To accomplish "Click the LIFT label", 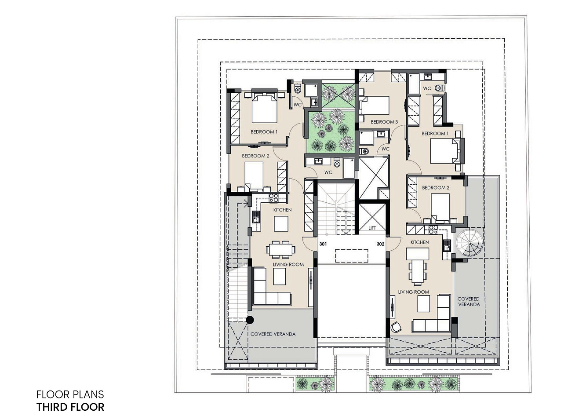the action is coord(372,228).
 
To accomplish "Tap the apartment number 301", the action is coord(323,244).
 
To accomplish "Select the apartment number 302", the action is coord(380,244).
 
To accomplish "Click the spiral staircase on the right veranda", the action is coord(469,243).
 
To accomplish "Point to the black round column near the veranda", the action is coord(250,320).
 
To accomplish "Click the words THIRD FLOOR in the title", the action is coord(70,407).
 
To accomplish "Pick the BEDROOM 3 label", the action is coord(384,122).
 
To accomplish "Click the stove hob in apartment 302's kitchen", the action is coord(433,230).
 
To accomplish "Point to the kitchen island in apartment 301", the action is coord(281,224).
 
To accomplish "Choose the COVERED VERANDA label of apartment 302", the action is coord(469,302).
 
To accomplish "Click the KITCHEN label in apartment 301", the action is coord(282,210).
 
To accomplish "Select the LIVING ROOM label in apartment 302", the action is coord(414,292).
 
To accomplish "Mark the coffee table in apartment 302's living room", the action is coord(423,303).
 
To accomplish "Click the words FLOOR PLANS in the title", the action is coord(70,394).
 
